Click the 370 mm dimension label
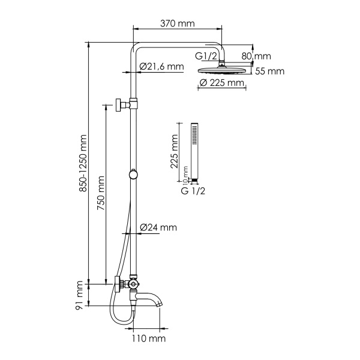178,23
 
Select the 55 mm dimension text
269,71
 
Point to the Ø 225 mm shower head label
221,83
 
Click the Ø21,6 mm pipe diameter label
161,67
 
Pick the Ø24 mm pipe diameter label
158,227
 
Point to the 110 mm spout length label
148,339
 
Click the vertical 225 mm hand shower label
174,152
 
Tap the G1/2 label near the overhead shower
206,56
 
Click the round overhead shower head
221,70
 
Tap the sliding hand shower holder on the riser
133,175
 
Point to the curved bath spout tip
160,304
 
